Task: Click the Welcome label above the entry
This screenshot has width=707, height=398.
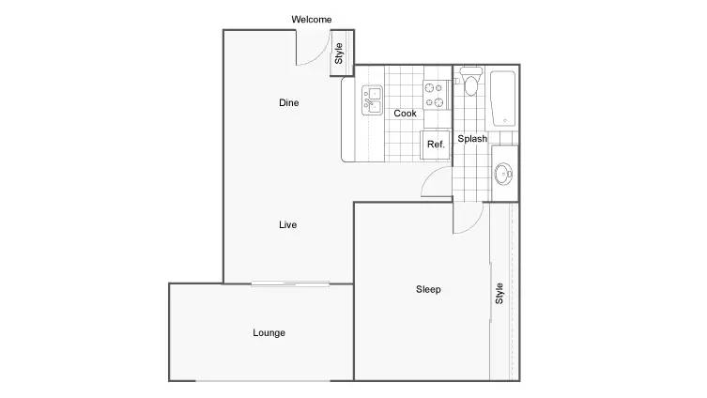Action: pos(311,20)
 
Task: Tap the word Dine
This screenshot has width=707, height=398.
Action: pos(288,102)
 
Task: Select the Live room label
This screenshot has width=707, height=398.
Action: pos(287,224)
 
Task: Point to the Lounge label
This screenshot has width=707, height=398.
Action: pos(269,333)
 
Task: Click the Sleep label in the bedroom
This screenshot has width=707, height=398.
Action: pos(428,289)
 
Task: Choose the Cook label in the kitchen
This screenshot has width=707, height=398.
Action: pos(405,114)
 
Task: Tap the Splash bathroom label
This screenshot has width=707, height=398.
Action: pos(472,139)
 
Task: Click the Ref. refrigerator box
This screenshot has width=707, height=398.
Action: pos(436,145)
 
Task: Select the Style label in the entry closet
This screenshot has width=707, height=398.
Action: pos(339,54)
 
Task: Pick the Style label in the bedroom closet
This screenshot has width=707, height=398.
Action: pos(500,294)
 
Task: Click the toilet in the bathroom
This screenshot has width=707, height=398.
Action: pos(470,81)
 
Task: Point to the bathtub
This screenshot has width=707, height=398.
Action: pos(503,99)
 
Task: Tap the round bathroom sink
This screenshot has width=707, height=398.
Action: pos(502,174)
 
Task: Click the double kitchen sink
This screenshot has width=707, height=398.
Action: pos(372,100)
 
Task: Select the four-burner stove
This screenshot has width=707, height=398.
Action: pos(436,95)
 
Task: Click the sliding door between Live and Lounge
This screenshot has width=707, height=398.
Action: pos(290,283)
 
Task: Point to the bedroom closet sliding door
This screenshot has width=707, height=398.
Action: pos(490,292)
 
